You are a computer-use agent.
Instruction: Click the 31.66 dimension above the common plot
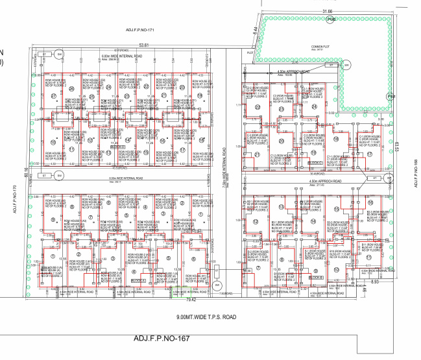(x=326, y=11)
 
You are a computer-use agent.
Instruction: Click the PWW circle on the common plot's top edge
(x=331, y=20)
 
